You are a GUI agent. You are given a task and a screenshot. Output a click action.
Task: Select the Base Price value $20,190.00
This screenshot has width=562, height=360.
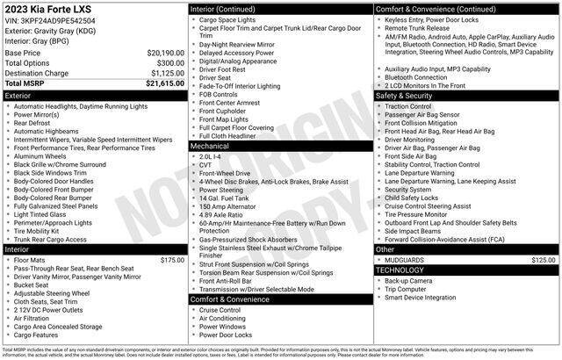(164, 53)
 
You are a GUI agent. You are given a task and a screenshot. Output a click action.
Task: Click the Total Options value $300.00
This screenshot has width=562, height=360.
(170, 62)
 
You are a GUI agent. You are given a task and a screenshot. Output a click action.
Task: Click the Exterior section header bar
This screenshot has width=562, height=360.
(94, 94)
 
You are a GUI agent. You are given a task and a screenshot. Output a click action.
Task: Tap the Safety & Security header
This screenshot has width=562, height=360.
(466, 95)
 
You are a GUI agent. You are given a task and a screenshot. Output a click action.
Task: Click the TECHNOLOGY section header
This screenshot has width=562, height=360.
(466, 270)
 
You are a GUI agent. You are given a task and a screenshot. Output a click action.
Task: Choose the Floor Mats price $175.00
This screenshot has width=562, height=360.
(171, 260)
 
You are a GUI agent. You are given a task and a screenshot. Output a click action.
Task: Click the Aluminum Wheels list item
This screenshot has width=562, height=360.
(43, 155)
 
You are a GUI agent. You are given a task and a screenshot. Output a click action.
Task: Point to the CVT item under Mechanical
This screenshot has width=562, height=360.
(207, 164)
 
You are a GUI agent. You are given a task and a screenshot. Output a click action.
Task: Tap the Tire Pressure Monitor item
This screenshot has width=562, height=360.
(420, 213)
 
